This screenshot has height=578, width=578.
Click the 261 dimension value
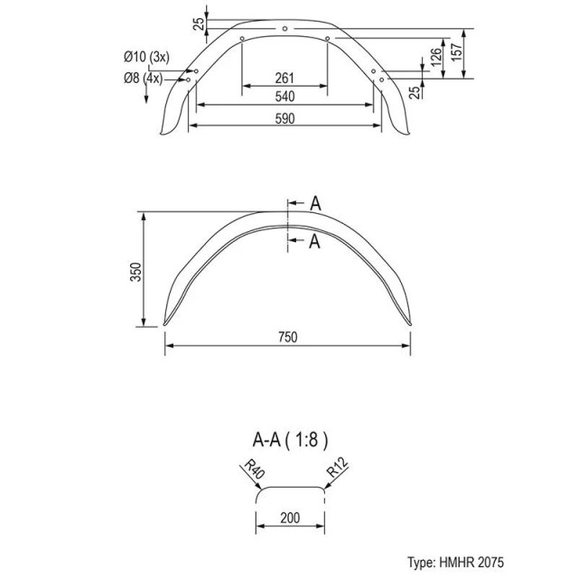click(x=284, y=79)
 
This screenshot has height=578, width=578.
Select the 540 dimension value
click(x=285, y=97)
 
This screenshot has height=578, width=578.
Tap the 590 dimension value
click(x=285, y=118)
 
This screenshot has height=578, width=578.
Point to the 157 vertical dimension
click(x=456, y=52)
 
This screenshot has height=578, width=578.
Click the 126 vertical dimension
click(x=435, y=57)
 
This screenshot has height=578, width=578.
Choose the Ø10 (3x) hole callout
click(x=146, y=57)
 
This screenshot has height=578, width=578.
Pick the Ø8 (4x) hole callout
click(x=143, y=79)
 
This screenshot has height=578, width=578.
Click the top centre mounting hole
click(x=284, y=28)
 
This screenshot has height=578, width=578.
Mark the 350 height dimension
click(x=135, y=272)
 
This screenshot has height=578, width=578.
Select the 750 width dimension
click(x=287, y=337)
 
